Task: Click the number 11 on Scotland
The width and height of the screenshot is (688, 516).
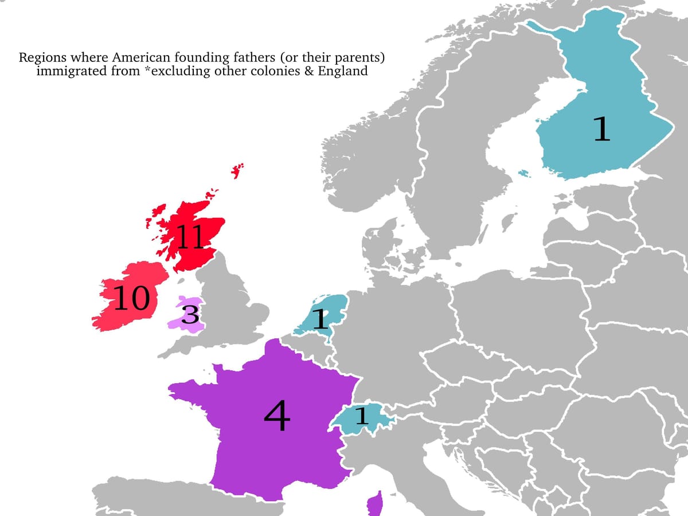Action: pos(190,237)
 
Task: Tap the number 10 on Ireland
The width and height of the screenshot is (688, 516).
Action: pos(132,298)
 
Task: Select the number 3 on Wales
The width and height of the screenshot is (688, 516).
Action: pos(190,315)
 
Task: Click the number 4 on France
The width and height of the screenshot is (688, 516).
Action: pos(277,417)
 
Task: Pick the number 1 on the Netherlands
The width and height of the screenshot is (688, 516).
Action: pos(321,319)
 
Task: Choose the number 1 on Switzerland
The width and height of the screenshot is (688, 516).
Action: pos(361,416)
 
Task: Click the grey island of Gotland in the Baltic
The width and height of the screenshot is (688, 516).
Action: pos(506,221)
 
